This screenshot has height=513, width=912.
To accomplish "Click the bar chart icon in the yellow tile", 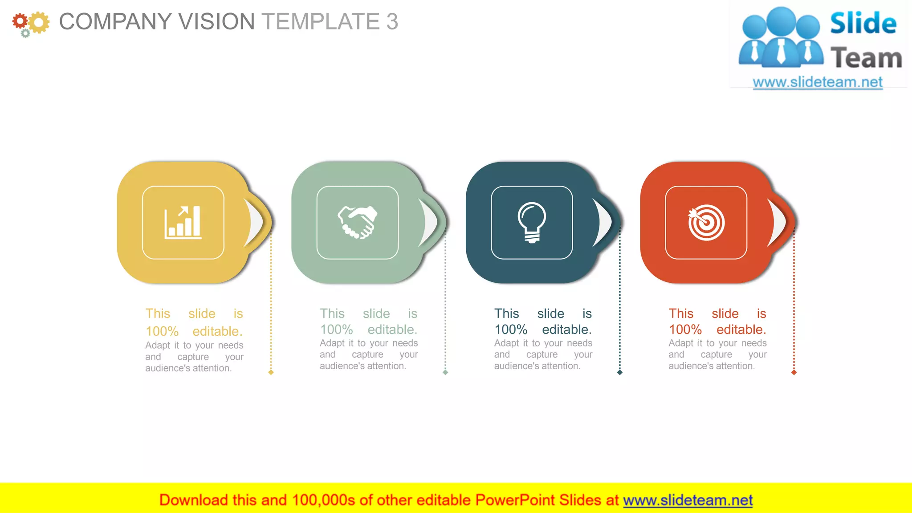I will click(x=183, y=223).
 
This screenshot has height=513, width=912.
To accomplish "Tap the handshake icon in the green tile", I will click(x=357, y=222).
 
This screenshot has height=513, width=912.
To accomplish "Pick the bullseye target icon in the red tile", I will click(x=706, y=222).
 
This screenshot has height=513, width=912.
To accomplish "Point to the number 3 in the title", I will click(x=392, y=21).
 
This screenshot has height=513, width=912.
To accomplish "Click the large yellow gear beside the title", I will click(x=39, y=22).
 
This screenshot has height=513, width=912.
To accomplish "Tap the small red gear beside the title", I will click(x=20, y=21).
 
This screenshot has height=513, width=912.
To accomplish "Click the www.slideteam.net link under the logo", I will click(x=818, y=82).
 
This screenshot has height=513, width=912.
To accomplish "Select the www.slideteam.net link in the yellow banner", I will click(x=688, y=500).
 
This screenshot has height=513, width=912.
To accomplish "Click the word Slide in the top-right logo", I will click(x=863, y=23).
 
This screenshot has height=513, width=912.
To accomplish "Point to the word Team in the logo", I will click(x=866, y=58).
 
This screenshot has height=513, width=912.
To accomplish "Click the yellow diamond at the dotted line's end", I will click(x=271, y=372).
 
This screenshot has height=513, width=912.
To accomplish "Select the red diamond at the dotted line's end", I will click(x=794, y=372).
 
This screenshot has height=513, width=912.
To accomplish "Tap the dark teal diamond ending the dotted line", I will click(x=619, y=372).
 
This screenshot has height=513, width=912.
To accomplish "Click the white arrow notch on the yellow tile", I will click(x=255, y=222).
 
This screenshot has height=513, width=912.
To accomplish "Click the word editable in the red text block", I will click(x=741, y=330).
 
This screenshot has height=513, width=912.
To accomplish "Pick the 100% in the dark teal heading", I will click(x=511, y=330).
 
